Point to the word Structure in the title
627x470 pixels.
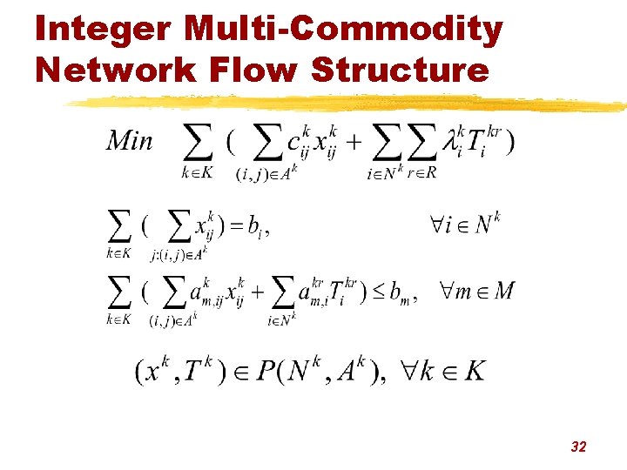pos(400,69)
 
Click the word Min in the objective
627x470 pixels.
pos(129,141)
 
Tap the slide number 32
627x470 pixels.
pos(578,446)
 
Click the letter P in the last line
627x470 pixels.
pos(266,372)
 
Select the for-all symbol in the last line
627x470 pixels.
pos(414,371)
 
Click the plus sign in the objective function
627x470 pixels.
pos(355,140)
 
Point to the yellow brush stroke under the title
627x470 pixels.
pos(348,104)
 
